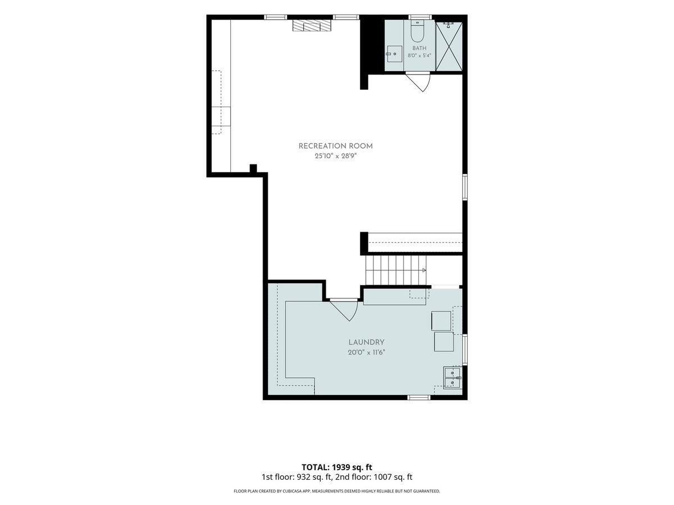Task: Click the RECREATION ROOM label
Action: [x=335, y=146]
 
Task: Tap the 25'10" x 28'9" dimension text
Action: [x=335, y=156]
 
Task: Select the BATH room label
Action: [x=419, y=48]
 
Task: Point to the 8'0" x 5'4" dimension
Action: [x=419, y=56]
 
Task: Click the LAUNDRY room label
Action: [x=366, y=342]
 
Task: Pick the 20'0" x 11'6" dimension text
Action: [x=366, y=352]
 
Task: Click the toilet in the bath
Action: [x=417, y=31]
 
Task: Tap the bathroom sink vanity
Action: [x=394, y=54]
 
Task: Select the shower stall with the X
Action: [x=449, y=47]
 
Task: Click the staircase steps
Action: [x=395, y=270]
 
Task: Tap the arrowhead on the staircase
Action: [x=424, y=270]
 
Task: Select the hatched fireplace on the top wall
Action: [x=312, y=25]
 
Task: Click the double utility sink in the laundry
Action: [x=452, y=378]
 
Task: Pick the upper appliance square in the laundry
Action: [x=441, y=321]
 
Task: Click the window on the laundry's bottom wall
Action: [x=419, y=397]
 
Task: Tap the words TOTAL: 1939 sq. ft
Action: [x=336, y=467]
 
